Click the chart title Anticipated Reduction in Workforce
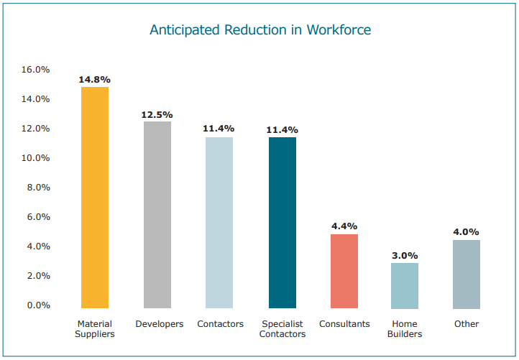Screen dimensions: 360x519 pyautogui.click(x=259, y=30)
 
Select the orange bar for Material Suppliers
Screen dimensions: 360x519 pyautogui.click(x=95, y=198)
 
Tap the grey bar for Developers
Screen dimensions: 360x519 pyautogui.click(x=157, y=214)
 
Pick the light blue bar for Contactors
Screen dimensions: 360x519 pyautogui.click(x=219, y=222)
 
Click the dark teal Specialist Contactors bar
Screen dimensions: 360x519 pyautogui.click(x=283, y=222)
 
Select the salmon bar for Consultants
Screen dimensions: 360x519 pyautogui.click(x=344, y=271)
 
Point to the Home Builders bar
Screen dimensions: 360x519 pyautogui.click(x=405, y=285)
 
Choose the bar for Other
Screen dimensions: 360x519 pyautogui.click(x=467, y=274)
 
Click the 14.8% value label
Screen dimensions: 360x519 pyautogui.click(x=95, y=79)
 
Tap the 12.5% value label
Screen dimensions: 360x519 pyautogui.click(x=157, y=114)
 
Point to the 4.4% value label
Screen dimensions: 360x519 pyautogui.click(x=344, y=226)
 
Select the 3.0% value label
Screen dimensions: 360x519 pyautogui.click(x=405, y=255)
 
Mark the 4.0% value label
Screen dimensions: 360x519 pyautogui.click(x=467, y=232)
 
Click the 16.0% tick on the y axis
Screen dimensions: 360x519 pyautogui.click(x=36, y=70)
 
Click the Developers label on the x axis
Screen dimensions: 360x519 pyautogui.click(x=160, y=324)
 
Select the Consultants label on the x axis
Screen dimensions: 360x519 pyautogui.click(x=344, y=324)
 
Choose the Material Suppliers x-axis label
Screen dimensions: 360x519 pyautogui.click(x=95, y=329)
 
